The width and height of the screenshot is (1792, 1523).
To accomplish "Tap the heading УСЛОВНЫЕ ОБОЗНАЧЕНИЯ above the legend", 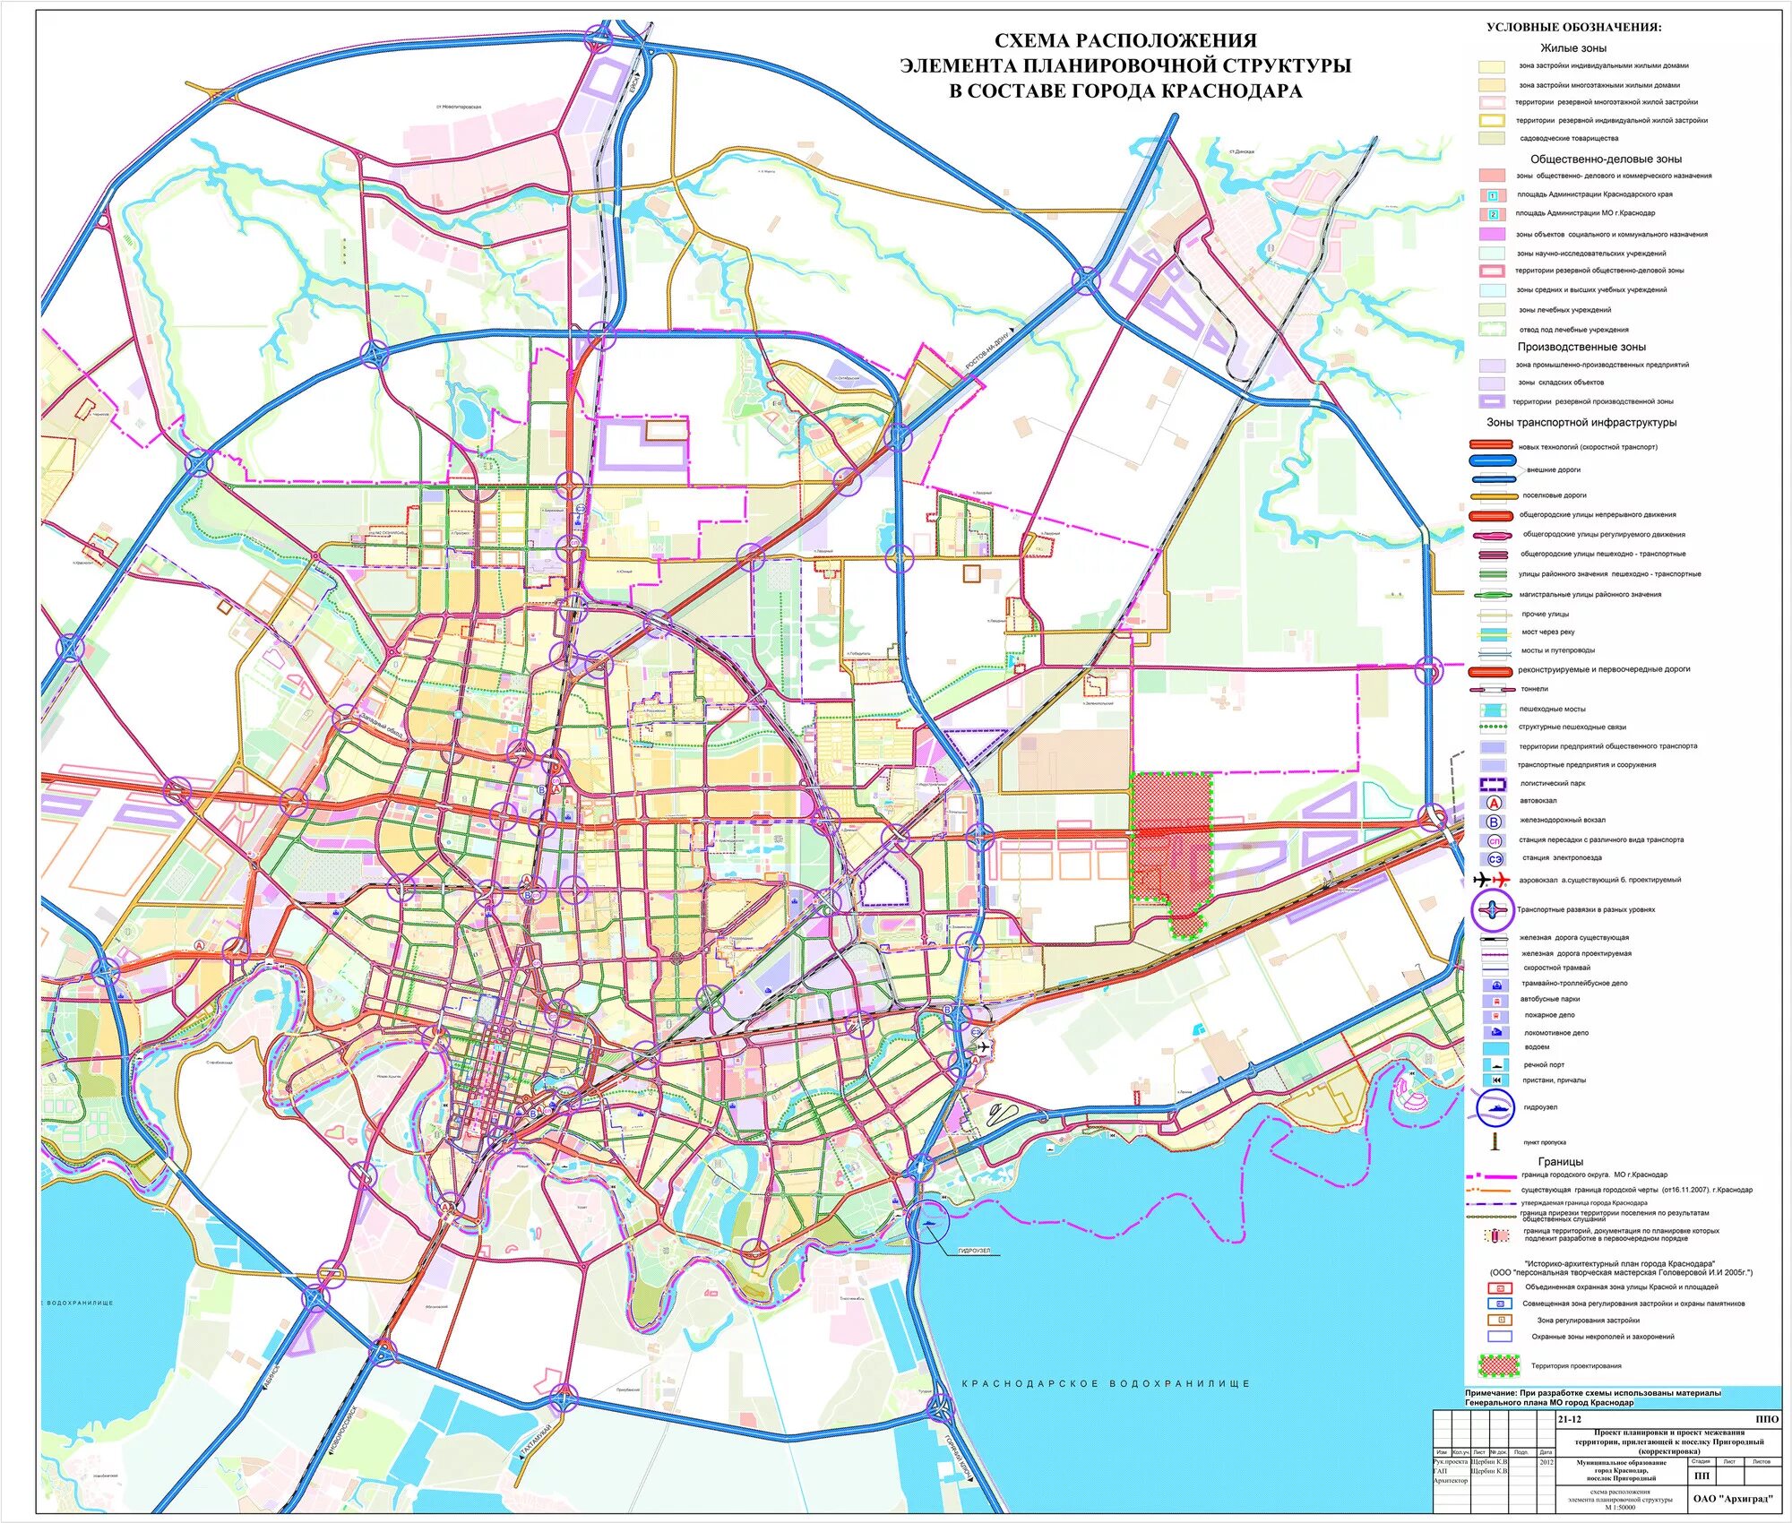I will [1573, 27].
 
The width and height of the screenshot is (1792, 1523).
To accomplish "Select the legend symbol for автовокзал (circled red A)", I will [1494, 802].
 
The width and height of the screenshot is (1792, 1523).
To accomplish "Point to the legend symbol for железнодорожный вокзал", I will [1494, 821].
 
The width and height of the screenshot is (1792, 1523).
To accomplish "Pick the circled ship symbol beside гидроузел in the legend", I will [1495, 1108].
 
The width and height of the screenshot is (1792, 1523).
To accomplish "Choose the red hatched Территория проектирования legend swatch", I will [1498, 1366].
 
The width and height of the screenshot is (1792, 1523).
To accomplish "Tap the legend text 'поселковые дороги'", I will [1554, 495].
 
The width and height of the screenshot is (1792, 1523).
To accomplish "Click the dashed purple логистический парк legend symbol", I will [1494, 784].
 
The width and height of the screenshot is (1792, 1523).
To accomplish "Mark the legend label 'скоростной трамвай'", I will [1556, 968].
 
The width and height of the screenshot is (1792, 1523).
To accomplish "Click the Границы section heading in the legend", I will [1560, 1161].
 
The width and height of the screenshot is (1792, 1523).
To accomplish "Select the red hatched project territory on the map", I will [1172, 838].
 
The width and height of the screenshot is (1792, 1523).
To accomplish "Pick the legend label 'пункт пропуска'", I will [1545, 1143].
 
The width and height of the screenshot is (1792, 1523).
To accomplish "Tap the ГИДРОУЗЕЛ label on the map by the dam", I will [974, 1251].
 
